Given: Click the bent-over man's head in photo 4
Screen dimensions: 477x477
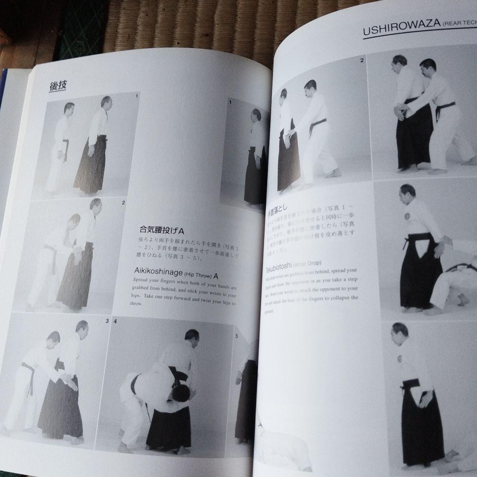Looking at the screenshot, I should [180, 392].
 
